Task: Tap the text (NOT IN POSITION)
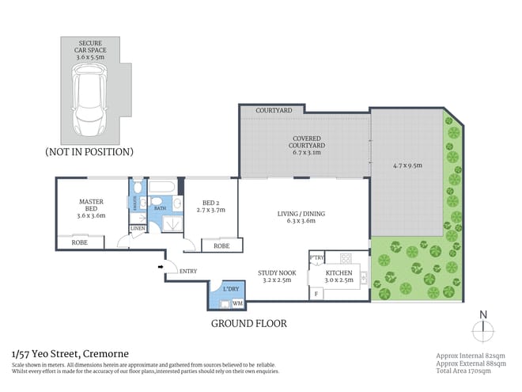(89, 151)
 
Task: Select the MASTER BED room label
(91, 207)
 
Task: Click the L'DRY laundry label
(231, 290)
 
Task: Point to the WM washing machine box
(237, 303)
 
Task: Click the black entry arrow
(162, 268)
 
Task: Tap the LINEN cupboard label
(138, 229)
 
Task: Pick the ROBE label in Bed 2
(221, 246)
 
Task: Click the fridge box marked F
(317, 295)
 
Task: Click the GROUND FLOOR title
(248, 324)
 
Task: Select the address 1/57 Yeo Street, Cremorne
(70, 353)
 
